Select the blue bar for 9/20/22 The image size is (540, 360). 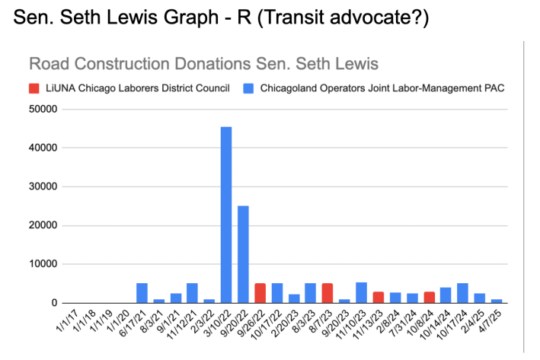point(243,254)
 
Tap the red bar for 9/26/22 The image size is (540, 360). point(260,293)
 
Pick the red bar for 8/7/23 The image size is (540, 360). point(328,293)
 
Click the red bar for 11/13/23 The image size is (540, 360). point(379,298)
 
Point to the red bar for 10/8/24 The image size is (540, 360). point(429,298)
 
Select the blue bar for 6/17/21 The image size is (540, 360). point(142,293)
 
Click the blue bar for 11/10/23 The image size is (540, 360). point(361,293)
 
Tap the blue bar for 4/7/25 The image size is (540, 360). point(497,301)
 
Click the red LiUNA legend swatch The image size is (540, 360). point(34,88)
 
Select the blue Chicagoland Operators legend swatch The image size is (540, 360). point(248,88)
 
